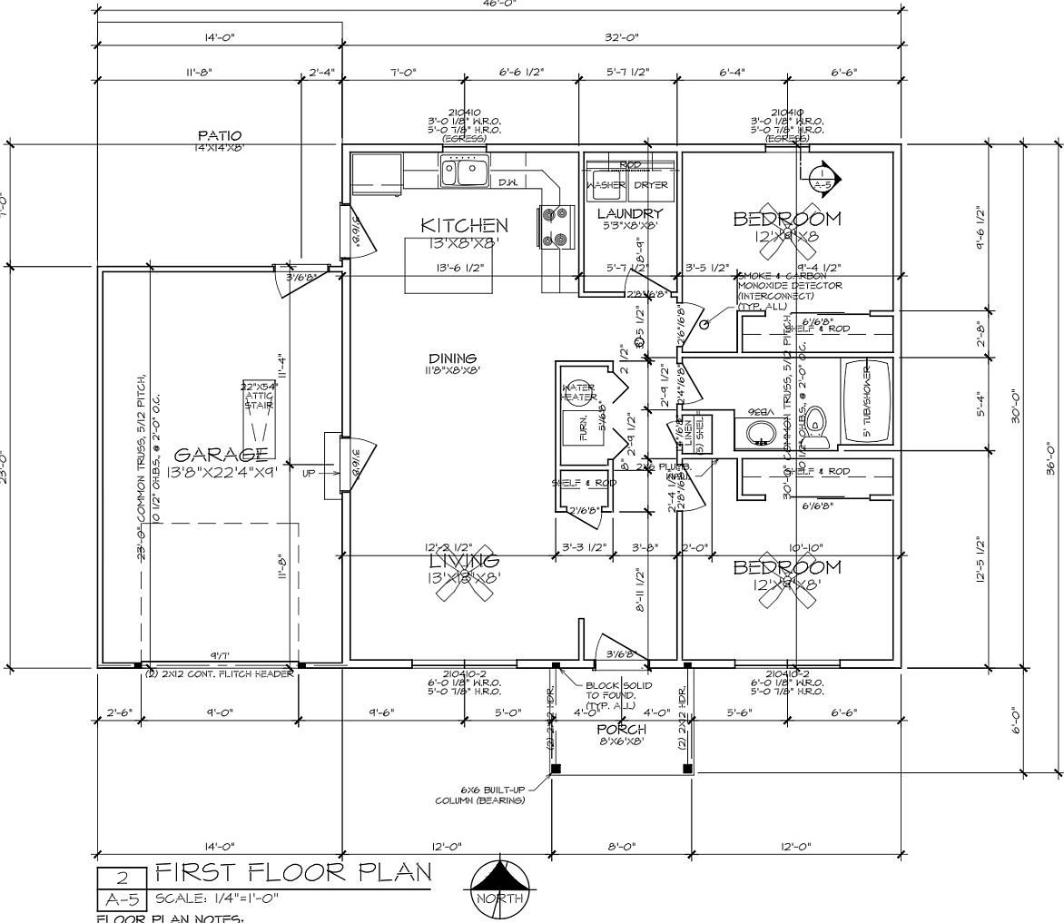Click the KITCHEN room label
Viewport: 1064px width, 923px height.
[x=464, y=225]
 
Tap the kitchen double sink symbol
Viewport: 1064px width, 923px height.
[x=464, y=171]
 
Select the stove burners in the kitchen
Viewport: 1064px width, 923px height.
[x=557, y=226]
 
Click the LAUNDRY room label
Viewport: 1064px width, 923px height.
[x=630, y=214]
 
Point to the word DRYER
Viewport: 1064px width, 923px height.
[x=650, y=185]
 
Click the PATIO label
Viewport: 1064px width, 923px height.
[x=219, y=136]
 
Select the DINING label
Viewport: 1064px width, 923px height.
[x=451, y=358]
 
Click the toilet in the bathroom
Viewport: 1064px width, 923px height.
[x=816, y=424]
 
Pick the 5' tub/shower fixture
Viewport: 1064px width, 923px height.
[x=868, y=401]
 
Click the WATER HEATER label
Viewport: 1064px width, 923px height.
[x=579, y=393]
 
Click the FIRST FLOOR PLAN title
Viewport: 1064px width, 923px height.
[x=293, y=873]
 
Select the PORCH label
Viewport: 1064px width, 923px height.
[x=621, y=729]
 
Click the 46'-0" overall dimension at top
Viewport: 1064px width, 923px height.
[x=498, y=4]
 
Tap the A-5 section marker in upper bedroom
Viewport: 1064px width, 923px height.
[x=823, y=180]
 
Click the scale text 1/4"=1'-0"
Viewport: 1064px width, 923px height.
[x=217, y=899]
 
